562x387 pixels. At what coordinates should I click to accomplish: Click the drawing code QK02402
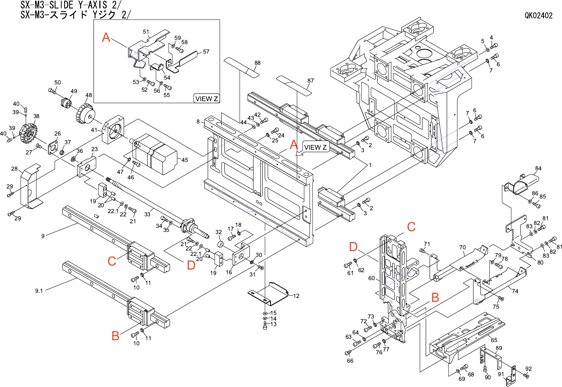coord(539,16)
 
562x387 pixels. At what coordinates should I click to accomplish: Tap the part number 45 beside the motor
coord(185,160)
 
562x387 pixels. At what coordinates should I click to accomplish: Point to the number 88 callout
coord(257,63)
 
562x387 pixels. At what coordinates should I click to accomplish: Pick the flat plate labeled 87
coord(294,85)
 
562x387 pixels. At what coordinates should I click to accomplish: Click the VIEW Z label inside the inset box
coord(206,99)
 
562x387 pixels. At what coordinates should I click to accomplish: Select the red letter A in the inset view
coord(106,37)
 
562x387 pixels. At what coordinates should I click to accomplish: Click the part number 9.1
coord(39,291)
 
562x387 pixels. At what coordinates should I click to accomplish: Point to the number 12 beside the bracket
coord(296,296)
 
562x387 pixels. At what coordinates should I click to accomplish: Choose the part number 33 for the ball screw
coord(147,214)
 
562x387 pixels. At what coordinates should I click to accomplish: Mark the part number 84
coord(538,168)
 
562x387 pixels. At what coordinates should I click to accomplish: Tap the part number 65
coord(494,340)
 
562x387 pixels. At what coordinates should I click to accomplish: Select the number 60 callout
coord(371,278)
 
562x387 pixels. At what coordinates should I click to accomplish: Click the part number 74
coord(515,291)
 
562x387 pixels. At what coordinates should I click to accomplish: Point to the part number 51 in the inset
coord(146,32)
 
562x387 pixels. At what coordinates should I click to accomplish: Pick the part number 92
coord(528,369)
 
